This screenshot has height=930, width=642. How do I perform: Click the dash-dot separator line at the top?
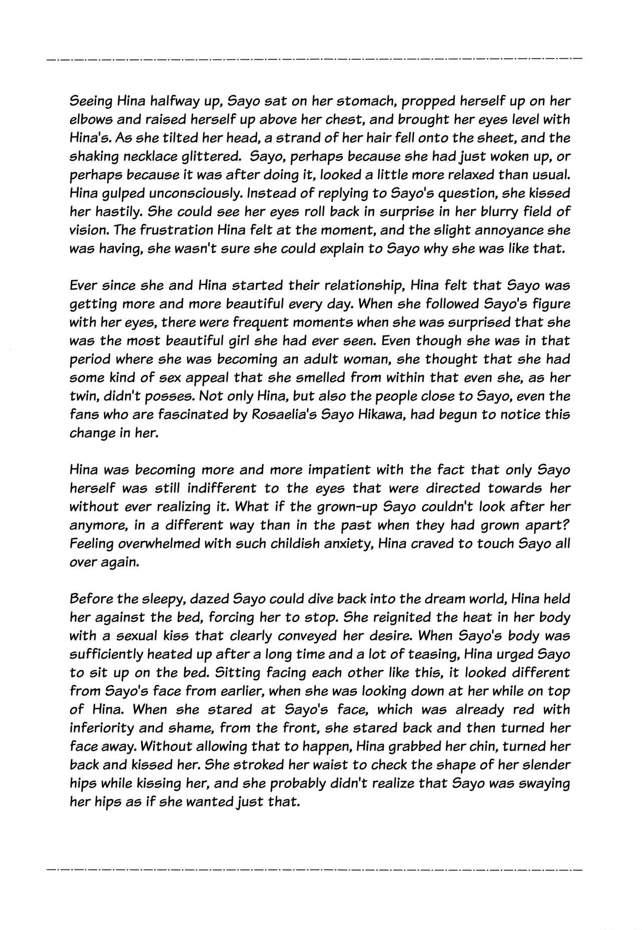(313, 60)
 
